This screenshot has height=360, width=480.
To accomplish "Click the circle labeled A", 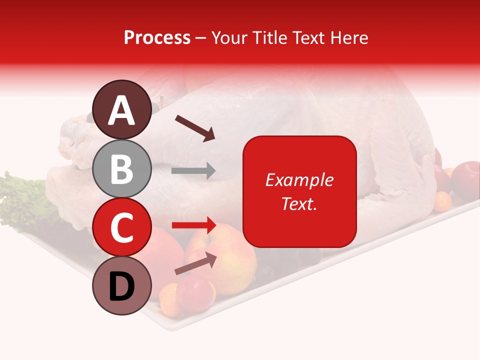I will tap(121, 110).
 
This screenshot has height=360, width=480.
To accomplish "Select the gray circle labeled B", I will tap(121, 169).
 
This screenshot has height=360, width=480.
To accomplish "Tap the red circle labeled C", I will tap(121, 227).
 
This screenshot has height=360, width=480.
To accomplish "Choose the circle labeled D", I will tap(121, 286).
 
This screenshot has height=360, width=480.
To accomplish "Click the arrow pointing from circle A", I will tap(195, 127).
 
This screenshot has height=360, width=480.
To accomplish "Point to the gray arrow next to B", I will tap(193, 171).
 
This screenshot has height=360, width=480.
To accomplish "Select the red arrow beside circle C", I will tap(194, 225).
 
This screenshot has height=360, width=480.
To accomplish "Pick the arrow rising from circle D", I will tap(195, 263).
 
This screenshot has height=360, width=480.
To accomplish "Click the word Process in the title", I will tap(157, 37).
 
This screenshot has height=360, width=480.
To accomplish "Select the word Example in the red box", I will tap(299, 180).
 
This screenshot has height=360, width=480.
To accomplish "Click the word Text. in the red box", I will tap(299, 203).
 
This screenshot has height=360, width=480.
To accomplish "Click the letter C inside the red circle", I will tap(121, 227).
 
